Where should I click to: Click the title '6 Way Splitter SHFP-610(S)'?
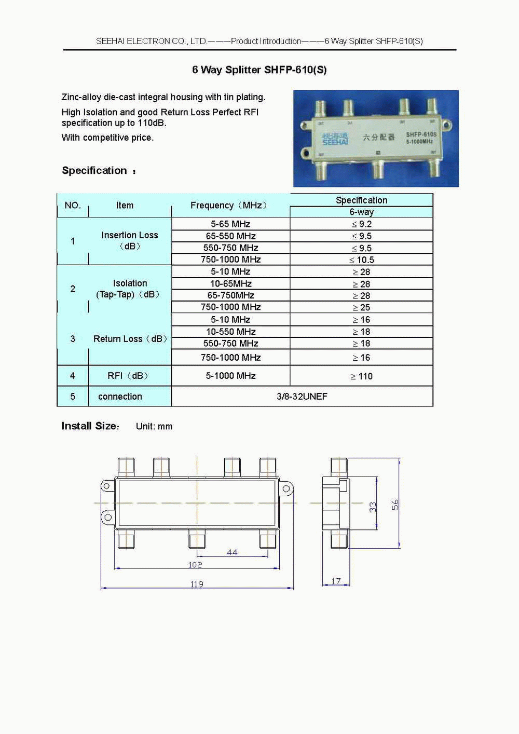[x=259, y=70]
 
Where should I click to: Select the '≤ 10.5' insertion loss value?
[x=362, y=260]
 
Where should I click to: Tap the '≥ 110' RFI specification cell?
[x=362, y=376]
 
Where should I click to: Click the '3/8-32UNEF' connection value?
[x=302, y=396]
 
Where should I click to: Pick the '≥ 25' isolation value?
[x=362, y=307]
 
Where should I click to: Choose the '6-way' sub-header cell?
[x=361, y=212]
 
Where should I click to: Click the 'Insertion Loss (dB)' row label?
[x=129, y=240]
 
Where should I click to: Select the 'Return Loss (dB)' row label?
[x=130, y=338]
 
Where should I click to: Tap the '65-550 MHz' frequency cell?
[x=230, y=236]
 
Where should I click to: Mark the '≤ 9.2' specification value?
[x=362, y=224]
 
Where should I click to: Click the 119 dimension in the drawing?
[x=197, y=584]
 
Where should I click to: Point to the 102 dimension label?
[x=195, y=565]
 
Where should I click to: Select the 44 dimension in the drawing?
[x=232, y=552]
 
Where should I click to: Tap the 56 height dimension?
[x=395, y=505]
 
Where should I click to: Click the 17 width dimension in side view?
[x=336, y=581]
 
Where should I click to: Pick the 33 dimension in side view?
[x=373, y=507]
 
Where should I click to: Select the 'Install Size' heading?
[x=90, y=426]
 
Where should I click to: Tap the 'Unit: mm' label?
[x=154, y=426]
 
